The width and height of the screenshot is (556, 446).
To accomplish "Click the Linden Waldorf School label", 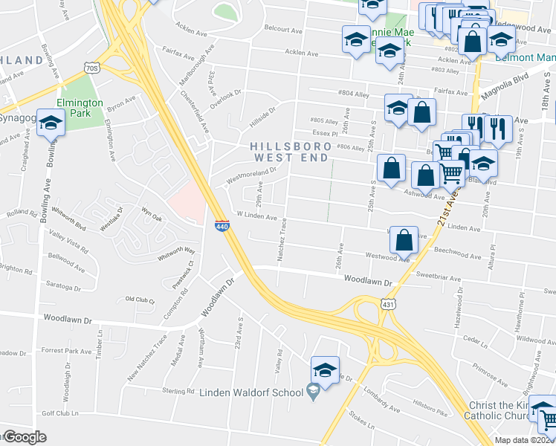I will (252, 392).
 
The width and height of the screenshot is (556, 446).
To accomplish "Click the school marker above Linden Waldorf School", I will (325, 369).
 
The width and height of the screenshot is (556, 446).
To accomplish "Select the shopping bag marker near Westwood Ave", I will (403, 239).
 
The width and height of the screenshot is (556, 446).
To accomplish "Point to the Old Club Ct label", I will (140, 300).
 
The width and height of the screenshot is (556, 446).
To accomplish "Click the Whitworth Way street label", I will (176, 253).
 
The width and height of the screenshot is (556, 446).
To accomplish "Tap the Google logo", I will (25, 438).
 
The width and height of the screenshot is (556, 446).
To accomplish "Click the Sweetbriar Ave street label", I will (441, 275).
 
